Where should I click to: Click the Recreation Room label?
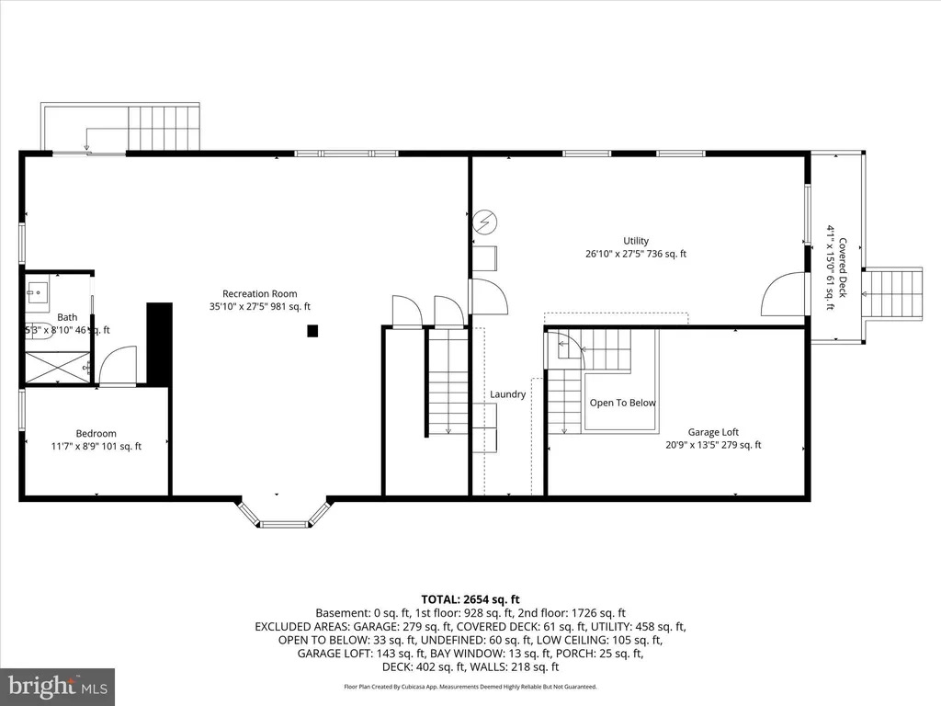[260, 293]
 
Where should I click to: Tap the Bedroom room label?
[96, 434]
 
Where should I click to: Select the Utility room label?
[636, 241]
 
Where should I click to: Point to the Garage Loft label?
[713, 432]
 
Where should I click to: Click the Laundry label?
[507, 394]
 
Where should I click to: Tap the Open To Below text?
[622, 403]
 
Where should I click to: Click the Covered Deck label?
[842, 268]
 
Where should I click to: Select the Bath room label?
[67, 317]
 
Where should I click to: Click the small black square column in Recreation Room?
[312, 330]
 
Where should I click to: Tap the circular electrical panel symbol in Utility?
[485, 222]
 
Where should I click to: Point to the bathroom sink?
[37, 294]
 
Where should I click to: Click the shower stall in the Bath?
[57, 368]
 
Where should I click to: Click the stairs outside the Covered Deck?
[892, 294]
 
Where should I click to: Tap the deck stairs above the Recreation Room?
[164, 127]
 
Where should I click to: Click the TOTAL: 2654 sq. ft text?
[470, 599]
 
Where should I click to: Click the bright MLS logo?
[57, 687]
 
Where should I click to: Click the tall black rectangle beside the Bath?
[160, 342]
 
